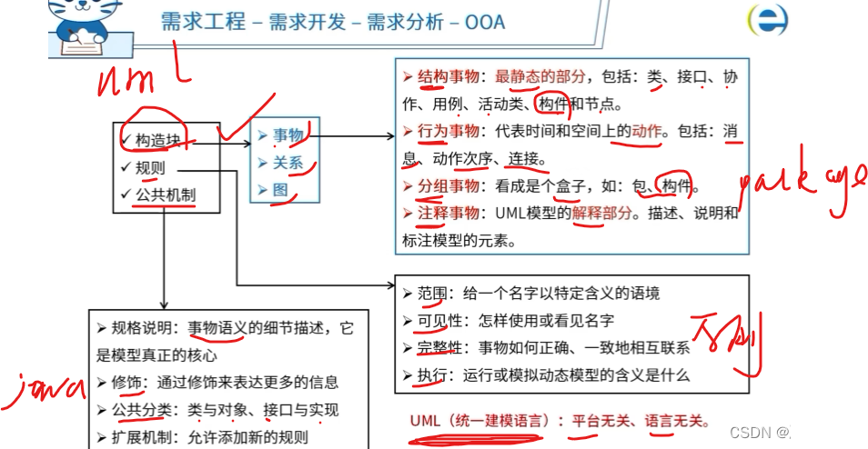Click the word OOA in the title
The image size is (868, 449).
484,22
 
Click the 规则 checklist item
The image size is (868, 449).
150,168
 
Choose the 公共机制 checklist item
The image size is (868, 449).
165,194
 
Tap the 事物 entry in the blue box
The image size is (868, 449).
288,135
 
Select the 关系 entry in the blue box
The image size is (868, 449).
288,163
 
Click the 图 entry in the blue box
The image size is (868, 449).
280,190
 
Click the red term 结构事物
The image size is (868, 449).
449,77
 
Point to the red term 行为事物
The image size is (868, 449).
449,132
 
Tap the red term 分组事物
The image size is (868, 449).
449,187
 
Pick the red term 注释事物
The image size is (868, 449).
449,214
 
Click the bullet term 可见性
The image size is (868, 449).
440,320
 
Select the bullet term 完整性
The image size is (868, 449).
440,347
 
